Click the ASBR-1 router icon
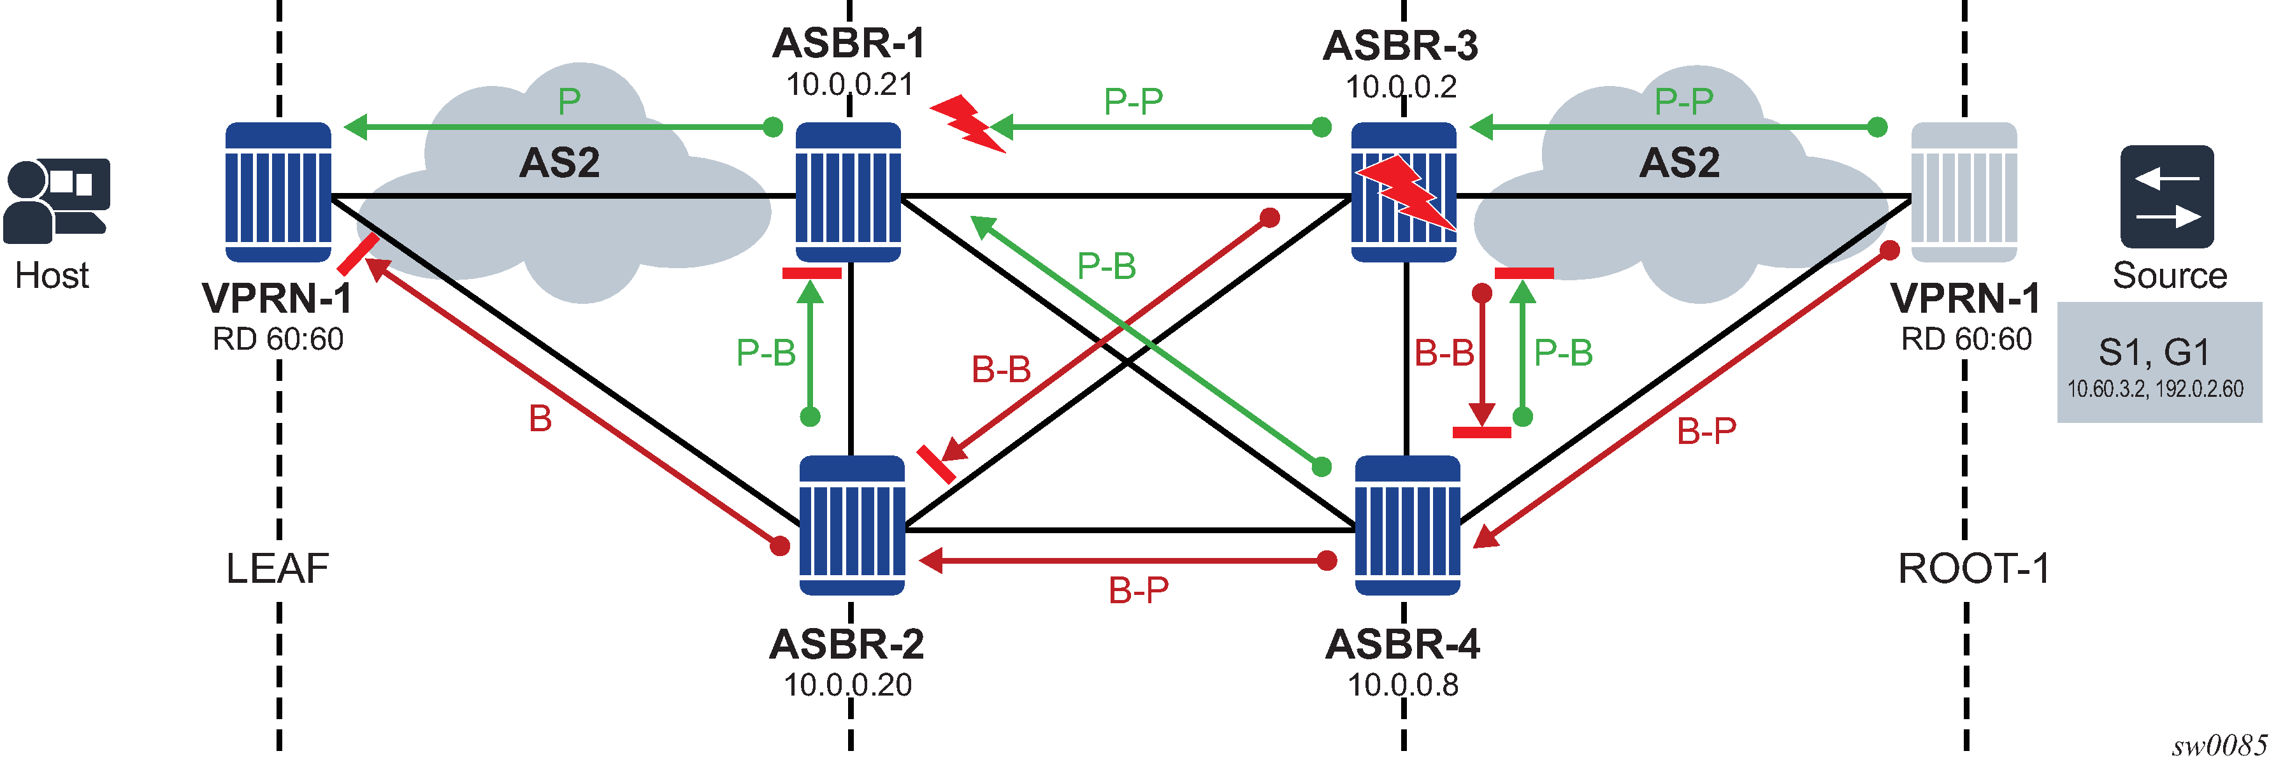(x=848, y=192)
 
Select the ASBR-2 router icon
(x=852, y=525)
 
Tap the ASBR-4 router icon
(x=1407, y=525)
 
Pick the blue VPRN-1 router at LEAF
(x=278, y=192)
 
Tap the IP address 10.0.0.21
(x=849, y=85)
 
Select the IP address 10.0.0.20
(x=847, y=685)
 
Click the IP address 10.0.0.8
(x=1402, y=685)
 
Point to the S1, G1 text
(x=2154, y=352)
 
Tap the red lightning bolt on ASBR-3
(x=1404, y=194)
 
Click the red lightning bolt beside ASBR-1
(x=967, y=122)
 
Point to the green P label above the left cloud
(x=569, y=102)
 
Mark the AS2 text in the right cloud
(x=1679, y=163)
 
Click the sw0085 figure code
(x=2218, y=747)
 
